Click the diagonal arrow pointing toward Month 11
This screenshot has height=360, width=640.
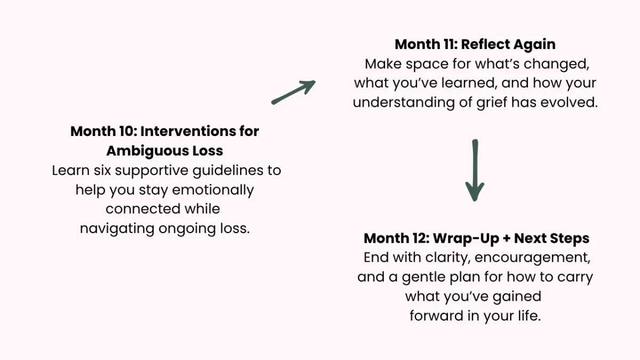293,92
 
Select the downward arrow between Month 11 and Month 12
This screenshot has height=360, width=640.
475,171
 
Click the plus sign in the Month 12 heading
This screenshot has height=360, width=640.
506,238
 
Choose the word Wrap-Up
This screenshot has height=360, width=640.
466,238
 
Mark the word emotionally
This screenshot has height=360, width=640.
213,190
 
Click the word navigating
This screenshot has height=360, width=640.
117,229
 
